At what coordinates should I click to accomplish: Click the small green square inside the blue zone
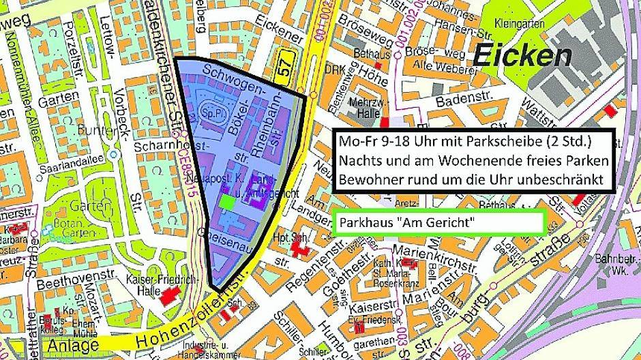pos(226,201)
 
